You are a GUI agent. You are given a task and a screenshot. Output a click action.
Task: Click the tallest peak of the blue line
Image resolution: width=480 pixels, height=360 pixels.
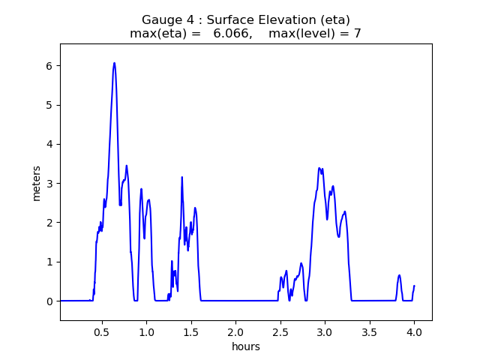coord(114,63)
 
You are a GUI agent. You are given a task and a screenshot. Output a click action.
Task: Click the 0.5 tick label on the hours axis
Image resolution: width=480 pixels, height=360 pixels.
coord(102,331)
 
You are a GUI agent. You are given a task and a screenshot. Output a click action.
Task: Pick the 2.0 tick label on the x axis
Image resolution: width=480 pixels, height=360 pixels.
coord(235,331)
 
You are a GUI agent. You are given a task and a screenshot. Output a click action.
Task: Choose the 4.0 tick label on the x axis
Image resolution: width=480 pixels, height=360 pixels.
coord(414,331)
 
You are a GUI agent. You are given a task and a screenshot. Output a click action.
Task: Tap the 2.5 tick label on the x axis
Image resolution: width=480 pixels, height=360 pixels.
coord(280,331)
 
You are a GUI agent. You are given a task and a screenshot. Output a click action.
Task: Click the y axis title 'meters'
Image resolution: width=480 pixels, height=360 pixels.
coord(37,183)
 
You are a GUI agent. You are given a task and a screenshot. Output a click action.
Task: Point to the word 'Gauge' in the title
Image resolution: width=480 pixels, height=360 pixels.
coord(160,19)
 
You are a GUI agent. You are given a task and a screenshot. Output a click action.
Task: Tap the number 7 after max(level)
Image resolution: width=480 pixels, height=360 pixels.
coord(357,34)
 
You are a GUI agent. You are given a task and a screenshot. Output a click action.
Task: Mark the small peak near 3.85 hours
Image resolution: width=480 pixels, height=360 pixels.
coord(399,275)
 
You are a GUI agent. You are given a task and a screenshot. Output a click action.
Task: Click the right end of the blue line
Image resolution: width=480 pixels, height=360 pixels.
coord(414,286)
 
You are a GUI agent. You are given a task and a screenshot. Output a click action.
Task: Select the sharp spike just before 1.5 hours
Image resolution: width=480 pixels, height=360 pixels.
coord(182,178)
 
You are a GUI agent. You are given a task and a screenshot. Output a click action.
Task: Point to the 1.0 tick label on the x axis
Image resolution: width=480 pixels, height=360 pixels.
coord(146,331)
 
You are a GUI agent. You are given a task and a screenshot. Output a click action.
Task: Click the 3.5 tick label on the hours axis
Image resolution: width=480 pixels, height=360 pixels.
coord(370,331)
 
